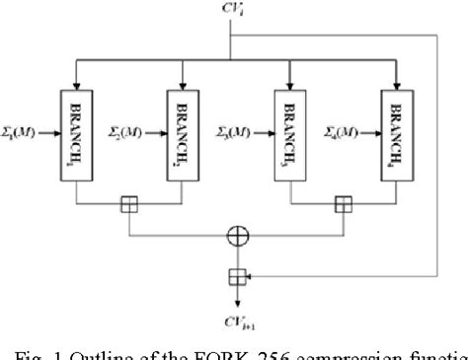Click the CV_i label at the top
coord(233,11)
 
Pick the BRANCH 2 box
coord(184,132)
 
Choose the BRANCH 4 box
coord(395,132)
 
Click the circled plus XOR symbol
coord(235,236)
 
